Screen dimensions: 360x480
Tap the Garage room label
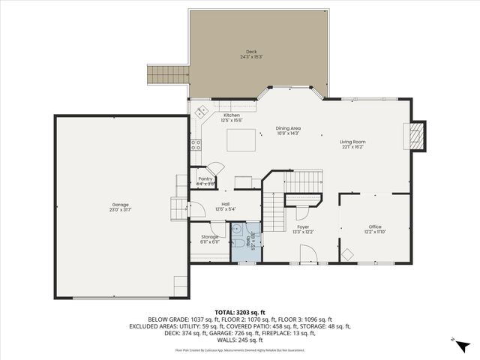coord(121,206)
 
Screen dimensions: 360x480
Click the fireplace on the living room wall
coord(416,136)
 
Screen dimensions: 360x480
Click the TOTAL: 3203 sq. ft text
coord(239,310)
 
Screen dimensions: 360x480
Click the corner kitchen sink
coord(201,112)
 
